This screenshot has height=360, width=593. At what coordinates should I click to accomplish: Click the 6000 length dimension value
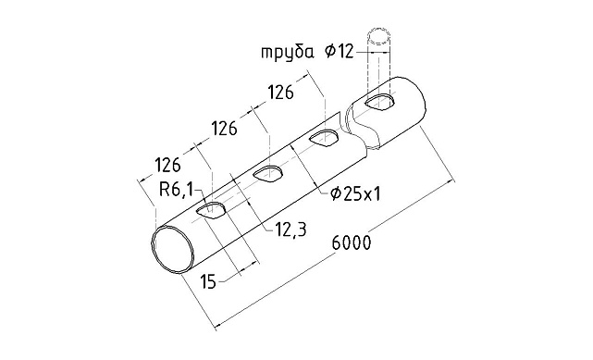[x=351, y=243]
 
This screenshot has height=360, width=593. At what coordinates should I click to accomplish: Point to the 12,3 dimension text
[x=290, y=231]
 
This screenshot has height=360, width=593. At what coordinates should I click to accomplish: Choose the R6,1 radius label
[x=176, y=191]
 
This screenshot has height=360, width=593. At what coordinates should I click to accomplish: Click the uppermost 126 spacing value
[x=281, y=93]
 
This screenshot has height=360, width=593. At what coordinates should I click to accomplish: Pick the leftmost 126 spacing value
[x=167, y=166]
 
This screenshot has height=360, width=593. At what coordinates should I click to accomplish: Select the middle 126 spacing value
[x=226, y=128]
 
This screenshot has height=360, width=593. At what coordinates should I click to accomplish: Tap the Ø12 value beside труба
[x=340, y=53]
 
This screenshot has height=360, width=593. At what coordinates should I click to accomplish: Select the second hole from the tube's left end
[x=269, y=173]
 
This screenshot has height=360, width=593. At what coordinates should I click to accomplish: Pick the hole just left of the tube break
[x=324, y=138]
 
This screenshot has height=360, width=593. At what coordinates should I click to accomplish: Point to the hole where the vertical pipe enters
[x=380, y=100]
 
